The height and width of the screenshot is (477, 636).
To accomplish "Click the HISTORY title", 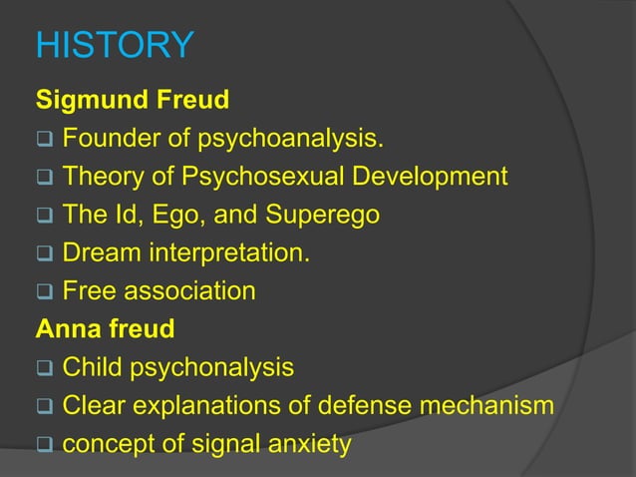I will click(115, 45).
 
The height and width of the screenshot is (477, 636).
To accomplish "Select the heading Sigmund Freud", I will click(133, 100).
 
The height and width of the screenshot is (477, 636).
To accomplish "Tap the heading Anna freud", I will click(105, 328).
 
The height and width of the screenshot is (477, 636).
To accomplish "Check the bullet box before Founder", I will click(44, 139).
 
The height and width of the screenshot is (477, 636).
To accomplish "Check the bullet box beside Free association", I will click(44, 291).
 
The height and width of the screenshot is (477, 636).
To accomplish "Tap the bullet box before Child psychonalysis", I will click(44, 368).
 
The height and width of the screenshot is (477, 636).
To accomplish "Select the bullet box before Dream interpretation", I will click(44, 253).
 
